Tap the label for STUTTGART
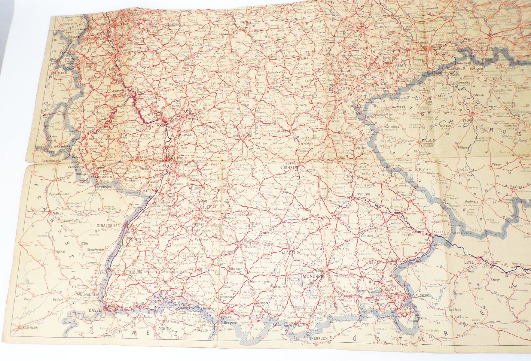209,207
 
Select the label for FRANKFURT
191,111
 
